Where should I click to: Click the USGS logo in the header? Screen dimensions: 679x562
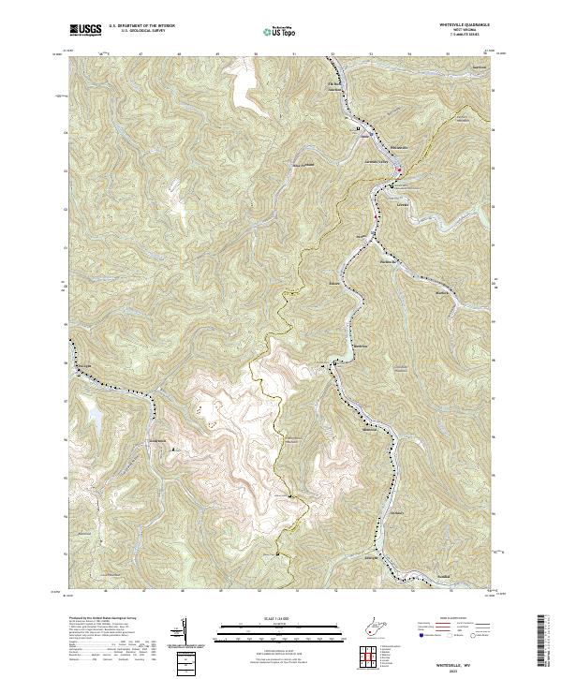[85, 30]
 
